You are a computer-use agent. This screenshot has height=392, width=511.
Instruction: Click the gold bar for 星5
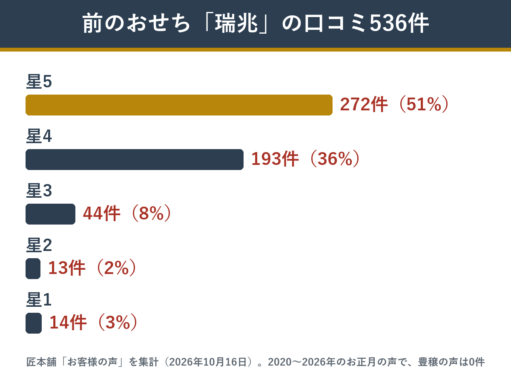179,105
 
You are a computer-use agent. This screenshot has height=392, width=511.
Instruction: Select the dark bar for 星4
135,159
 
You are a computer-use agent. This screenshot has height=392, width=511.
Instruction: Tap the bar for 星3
51,214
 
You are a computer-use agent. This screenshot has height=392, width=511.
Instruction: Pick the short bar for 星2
33,268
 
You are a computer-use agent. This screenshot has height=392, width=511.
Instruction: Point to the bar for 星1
34,323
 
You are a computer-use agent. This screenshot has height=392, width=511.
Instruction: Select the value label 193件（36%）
306,159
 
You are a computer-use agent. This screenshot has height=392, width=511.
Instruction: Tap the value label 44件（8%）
127,213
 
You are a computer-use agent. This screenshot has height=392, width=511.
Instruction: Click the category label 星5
39,81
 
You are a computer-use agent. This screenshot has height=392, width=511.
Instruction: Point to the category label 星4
39,136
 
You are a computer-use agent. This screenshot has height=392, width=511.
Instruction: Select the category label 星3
39,190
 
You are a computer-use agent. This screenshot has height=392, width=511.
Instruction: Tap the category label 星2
39,245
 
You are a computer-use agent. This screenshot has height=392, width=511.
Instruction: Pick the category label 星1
39,300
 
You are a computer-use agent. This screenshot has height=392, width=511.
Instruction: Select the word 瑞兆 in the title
236,23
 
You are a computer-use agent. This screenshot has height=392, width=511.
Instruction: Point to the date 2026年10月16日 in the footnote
208,362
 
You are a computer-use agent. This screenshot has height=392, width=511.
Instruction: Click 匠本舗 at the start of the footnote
41,362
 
